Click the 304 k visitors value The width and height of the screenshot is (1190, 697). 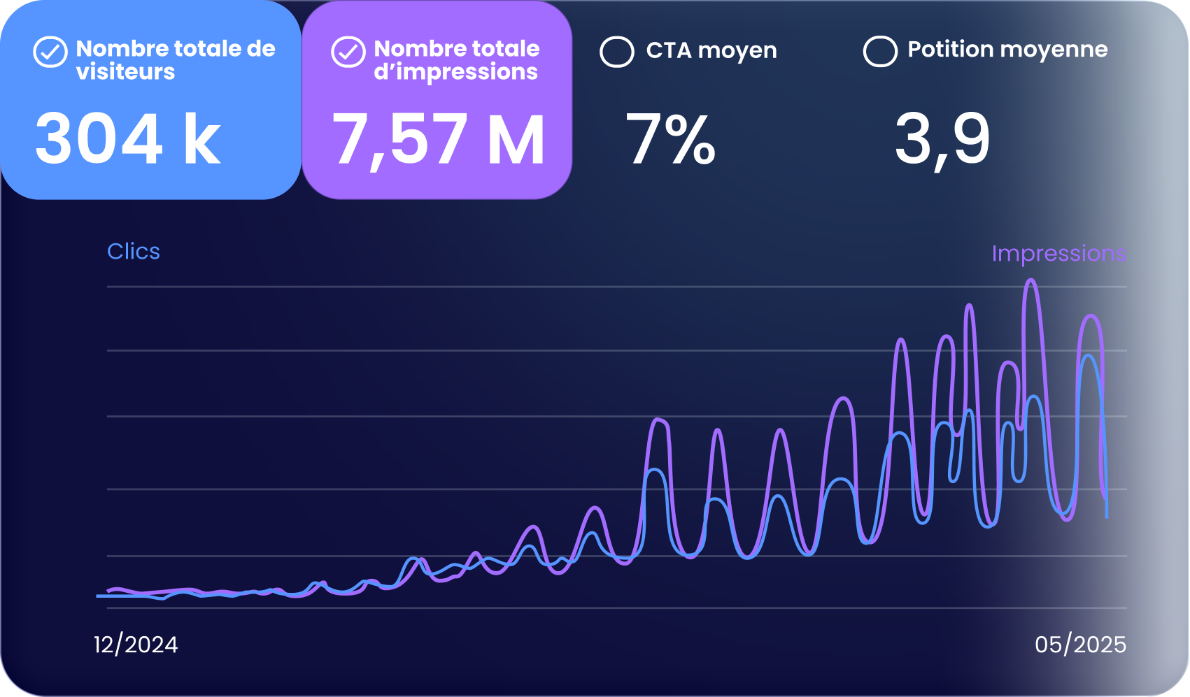[x=127, y=140]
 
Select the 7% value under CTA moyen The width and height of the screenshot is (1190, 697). [x=670, y=138]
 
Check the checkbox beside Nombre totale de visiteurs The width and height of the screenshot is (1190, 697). [x=50, y=52]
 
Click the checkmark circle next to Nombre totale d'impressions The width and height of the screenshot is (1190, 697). [x=348, y=52]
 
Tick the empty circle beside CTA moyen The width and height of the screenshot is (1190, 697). [x=617, y=52]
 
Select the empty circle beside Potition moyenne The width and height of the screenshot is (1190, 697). [x=880, y=51]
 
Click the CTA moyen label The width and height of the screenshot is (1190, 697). [x=711, y=50]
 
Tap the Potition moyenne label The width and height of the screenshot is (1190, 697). [x=1008, y=50]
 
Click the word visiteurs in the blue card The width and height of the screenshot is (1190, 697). [x=125, y=72]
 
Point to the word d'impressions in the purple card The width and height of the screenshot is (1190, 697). [x=456, y=72]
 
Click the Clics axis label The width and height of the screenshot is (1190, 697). [x=134, y=252]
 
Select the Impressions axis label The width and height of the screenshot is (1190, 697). [x=1058, y=254]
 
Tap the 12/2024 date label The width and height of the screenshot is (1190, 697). [x=136, y=645]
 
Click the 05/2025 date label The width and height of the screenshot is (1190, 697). [x=1081, y=645]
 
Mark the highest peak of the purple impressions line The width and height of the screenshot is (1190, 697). [x=1031, y=280]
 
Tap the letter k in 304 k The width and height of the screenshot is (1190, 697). [x=202, y=140]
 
